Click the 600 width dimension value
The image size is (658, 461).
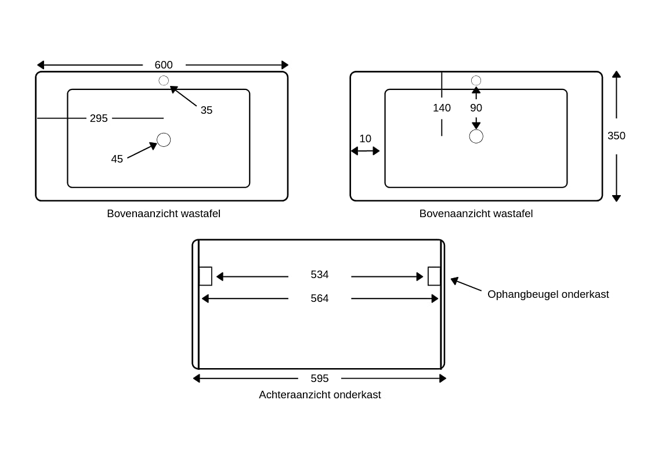164,65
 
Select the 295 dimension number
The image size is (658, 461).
99,118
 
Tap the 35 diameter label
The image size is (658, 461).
207,110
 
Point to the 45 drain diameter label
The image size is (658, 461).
117,159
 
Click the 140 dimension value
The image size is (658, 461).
442,108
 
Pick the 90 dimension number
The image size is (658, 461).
476,108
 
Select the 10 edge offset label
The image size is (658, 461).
365,139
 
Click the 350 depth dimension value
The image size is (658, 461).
616,136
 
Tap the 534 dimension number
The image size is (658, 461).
320,275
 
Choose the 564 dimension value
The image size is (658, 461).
320,298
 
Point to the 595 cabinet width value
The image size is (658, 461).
320,379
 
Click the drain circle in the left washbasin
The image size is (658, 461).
164,140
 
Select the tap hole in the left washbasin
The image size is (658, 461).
164,81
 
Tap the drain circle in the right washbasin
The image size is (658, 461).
476,136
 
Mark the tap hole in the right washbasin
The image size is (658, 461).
476,81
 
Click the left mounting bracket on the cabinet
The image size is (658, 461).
205,276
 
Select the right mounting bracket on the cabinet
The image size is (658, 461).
434,276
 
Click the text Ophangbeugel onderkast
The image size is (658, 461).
548,294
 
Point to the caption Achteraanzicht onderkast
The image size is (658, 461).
320,395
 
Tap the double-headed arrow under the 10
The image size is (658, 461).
365,151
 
